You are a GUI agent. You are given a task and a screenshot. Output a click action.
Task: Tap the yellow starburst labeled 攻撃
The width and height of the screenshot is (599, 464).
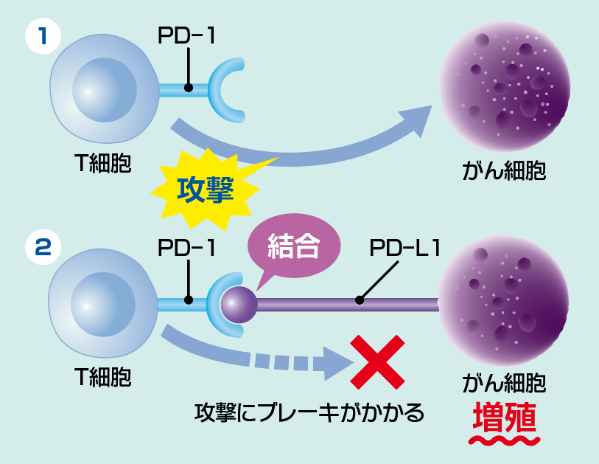206,191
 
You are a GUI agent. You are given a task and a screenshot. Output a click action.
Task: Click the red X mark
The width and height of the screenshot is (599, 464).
377,361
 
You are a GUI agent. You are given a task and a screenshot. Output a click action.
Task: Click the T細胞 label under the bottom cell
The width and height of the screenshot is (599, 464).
103,377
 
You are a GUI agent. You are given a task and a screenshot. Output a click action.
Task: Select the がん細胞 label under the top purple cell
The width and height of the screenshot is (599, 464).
504,171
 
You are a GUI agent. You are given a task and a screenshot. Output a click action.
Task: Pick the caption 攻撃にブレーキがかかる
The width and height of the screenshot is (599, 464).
309,412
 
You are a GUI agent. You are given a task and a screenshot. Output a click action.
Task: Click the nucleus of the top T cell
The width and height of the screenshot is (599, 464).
104,90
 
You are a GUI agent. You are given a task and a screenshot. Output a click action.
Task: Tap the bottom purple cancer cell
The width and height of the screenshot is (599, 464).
504,301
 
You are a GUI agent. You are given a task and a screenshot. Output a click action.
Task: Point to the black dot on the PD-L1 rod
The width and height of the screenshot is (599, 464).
359,300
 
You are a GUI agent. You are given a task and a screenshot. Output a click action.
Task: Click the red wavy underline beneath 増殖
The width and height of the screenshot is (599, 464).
505,440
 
